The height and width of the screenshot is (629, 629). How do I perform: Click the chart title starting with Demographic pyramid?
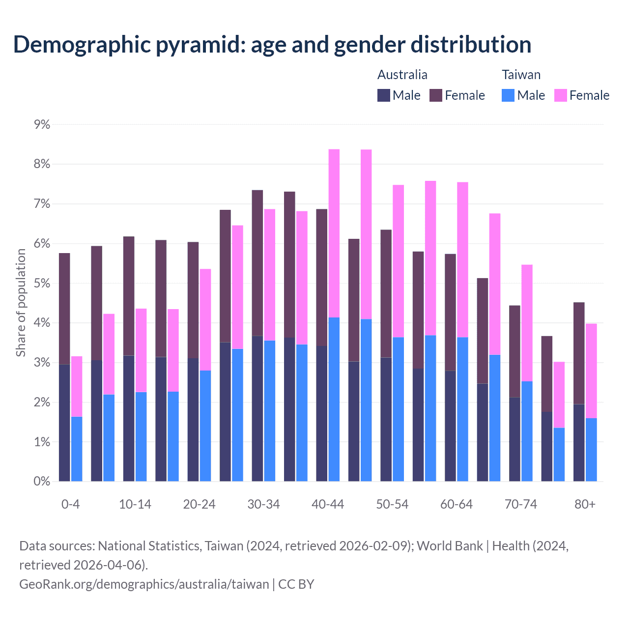pos(272,44)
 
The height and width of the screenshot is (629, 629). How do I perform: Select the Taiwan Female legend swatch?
pos(560,95)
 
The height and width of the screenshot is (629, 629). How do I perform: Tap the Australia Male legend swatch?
pos(384,95)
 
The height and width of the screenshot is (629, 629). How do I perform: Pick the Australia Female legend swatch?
pos(436,95)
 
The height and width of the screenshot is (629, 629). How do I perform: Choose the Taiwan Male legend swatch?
pos(508,95)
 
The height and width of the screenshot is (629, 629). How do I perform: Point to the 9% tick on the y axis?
pos(42,124)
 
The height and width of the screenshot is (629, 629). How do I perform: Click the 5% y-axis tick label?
pos(42,284)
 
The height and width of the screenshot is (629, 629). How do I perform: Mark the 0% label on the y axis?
pos(42,482)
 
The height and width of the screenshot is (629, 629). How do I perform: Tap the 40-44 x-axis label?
pos(328,504)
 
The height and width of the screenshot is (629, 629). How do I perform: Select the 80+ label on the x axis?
pos(585,504)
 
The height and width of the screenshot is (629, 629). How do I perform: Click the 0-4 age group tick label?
pos(70,504)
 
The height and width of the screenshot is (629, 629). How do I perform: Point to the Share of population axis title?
pos(21,302)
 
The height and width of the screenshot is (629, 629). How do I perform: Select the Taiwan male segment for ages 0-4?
pos(77,449)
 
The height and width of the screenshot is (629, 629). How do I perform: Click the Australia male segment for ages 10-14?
pos(129,418)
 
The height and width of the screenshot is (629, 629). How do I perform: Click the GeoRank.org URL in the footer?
pos(144,584)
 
